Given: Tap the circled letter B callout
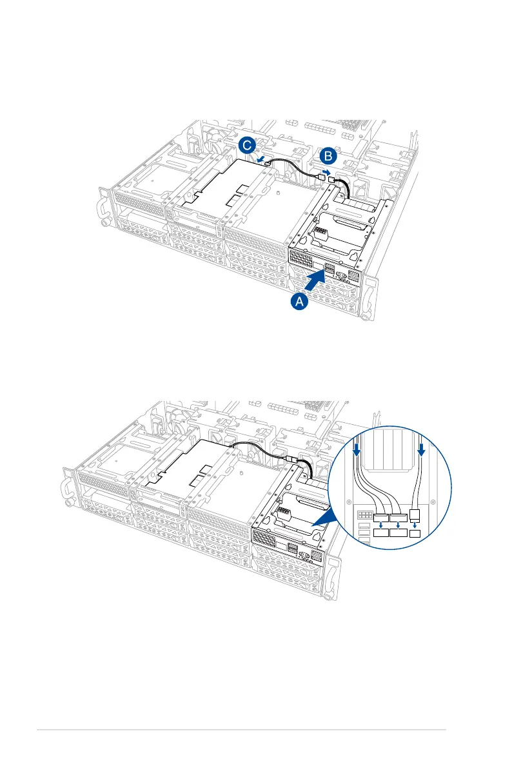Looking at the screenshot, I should (328, 156).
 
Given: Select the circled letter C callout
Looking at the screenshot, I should (245, 146).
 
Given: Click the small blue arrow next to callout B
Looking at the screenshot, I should (326, 172).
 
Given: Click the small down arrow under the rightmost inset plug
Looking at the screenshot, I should (415, 525).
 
